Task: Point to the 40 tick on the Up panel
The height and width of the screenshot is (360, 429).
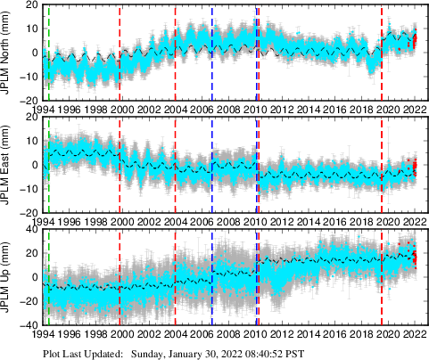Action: pyautogui.click(x=29, y=229)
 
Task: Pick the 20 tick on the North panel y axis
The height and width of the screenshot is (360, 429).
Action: pyautogui.click(x=29, y=4)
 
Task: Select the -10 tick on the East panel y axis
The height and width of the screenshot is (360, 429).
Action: pyautogui.click(x=28, y=189)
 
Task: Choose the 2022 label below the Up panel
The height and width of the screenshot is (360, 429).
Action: pyautogui.click(x=412, y=334)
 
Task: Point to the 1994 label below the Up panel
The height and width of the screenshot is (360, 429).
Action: pyautogui.click(x=43, y=334)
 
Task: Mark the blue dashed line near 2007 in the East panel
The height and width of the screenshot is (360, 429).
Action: pyautogui.click(x=212, y=165)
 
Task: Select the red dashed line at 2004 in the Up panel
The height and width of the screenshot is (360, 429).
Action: pyautogui.click(x=176, y=276)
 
